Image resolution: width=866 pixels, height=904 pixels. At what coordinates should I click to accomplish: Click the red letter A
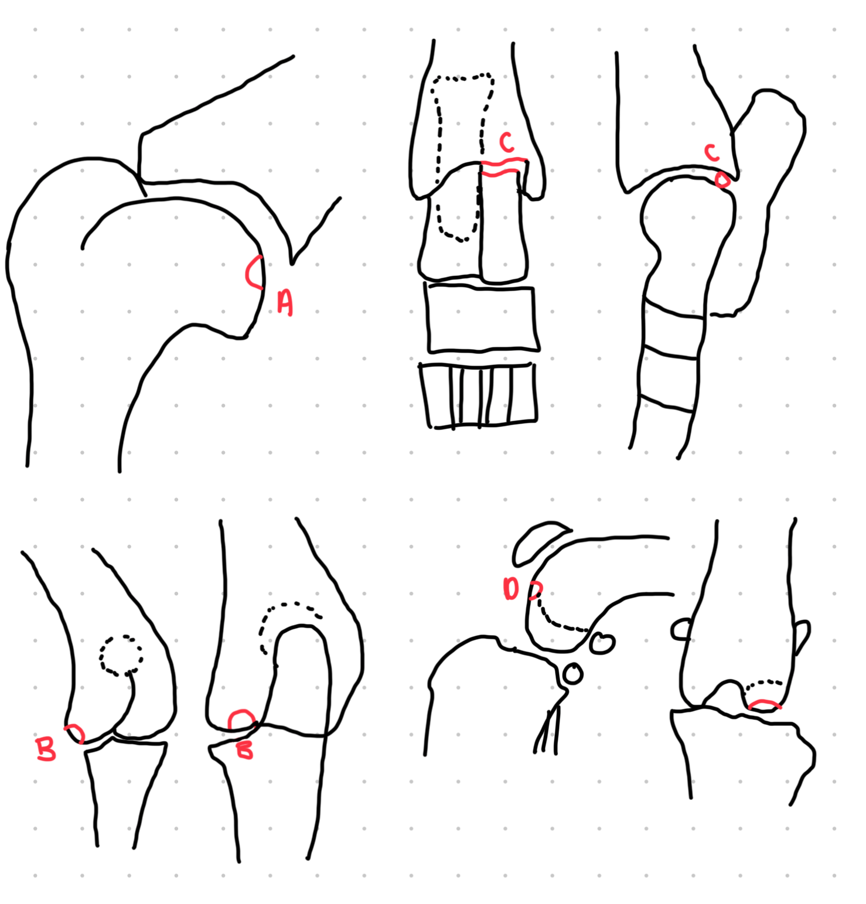point(285,302)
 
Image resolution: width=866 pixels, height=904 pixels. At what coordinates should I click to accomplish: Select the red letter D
point(511,588)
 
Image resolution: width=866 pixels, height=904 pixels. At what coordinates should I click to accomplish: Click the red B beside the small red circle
point(46,749)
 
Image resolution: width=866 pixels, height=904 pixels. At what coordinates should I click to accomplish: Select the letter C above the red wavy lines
point(507,142)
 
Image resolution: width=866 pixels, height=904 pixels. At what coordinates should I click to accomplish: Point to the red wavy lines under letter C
point(503,167)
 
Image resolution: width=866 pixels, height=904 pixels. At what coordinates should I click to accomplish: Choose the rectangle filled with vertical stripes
point(478,395)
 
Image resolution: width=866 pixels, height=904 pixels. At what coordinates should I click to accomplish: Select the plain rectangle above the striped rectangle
point(482,318)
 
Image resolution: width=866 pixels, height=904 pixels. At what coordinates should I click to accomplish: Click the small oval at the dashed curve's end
point(602,643)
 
